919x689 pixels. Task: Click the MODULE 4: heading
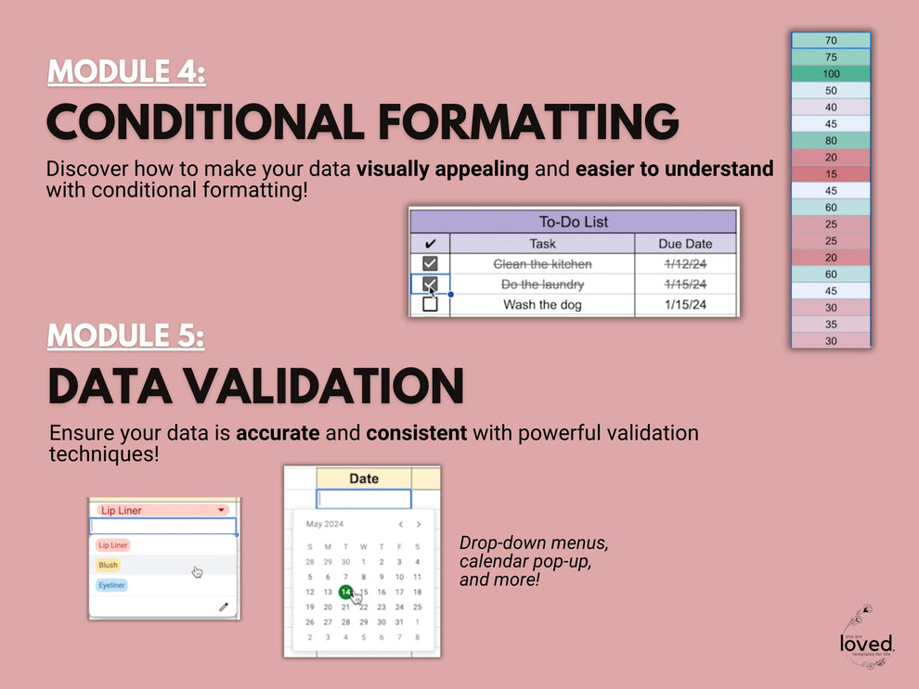126,72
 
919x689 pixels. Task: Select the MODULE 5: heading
126,337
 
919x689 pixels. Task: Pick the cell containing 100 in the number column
831,73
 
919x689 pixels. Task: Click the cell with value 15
831,174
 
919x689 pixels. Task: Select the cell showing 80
831,141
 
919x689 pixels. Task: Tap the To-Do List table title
573,222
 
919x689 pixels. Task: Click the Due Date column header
685,243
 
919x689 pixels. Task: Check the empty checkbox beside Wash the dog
430,304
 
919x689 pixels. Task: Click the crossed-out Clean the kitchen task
542,264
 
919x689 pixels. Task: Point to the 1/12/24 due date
685,264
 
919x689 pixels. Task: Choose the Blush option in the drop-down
109,565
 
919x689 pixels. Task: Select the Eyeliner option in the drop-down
111,585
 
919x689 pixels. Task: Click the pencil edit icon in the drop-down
224,606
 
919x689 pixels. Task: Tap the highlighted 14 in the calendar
345,591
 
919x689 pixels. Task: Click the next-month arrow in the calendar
419,524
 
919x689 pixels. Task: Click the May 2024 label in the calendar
324,524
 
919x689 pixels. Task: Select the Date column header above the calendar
363,478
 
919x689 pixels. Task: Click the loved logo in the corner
865,640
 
